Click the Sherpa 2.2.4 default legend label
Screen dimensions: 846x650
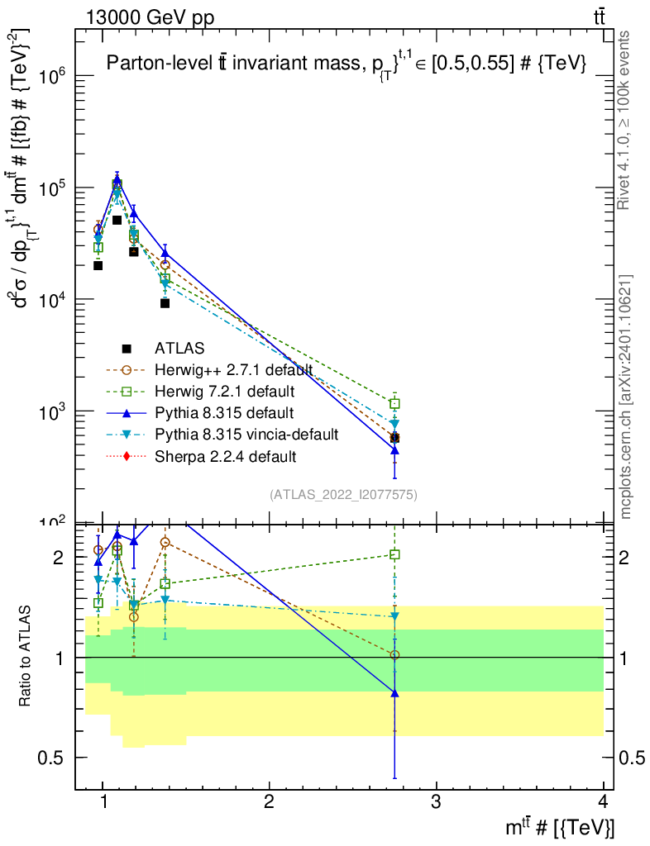225,455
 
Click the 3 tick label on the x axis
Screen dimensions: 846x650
437,802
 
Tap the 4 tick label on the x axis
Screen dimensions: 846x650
604,802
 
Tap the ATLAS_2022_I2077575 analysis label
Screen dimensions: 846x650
343,495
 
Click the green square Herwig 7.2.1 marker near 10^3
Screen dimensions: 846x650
395,404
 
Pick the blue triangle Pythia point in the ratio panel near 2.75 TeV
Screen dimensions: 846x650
395,693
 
